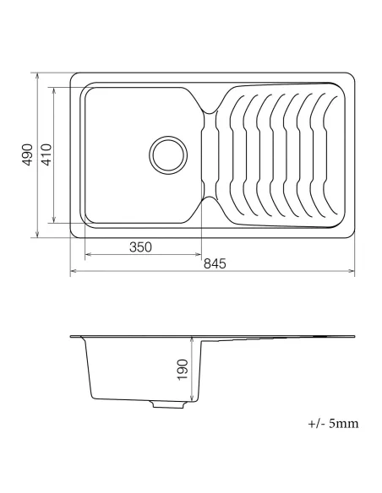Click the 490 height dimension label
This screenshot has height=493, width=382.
[x=26, y=155]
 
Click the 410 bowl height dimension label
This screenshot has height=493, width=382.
[x=46, y=155]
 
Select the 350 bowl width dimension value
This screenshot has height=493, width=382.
[x=140, y=247]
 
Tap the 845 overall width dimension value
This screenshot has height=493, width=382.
[x=215, y=264]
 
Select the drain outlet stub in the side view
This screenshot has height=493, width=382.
[x=167, y=404]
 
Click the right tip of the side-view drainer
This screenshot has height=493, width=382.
[x=354, y=338]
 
